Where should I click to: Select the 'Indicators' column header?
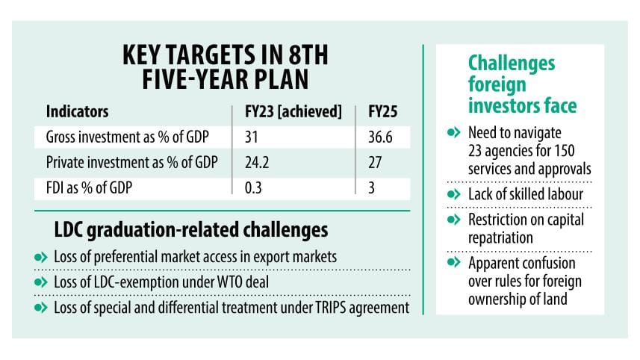pos(78,112)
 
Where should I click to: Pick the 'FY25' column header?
pos(383,112)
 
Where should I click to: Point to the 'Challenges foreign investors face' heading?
pos(512,84)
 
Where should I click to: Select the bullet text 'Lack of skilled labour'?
pos(526,194)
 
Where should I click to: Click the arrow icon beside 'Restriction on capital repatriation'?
pos(454,220)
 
